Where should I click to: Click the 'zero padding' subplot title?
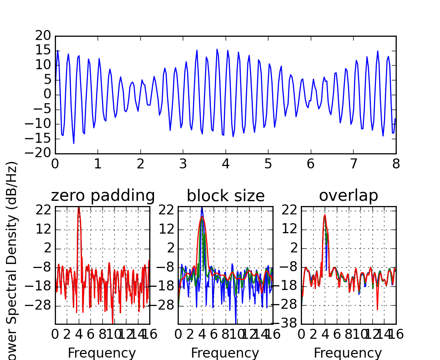(102, 196)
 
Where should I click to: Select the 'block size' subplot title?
(226, 196)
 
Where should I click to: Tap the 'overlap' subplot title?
(348, 196)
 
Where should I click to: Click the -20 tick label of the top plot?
(40, 153)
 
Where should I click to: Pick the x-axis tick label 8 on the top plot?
(396, 164)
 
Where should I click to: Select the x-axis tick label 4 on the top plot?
(226, 164)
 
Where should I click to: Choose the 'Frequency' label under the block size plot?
(225, 353)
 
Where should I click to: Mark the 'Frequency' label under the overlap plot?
(348, 353)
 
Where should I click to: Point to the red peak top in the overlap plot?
(325, 215)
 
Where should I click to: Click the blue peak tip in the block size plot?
(202, 207)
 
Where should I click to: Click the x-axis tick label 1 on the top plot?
(98, 164)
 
